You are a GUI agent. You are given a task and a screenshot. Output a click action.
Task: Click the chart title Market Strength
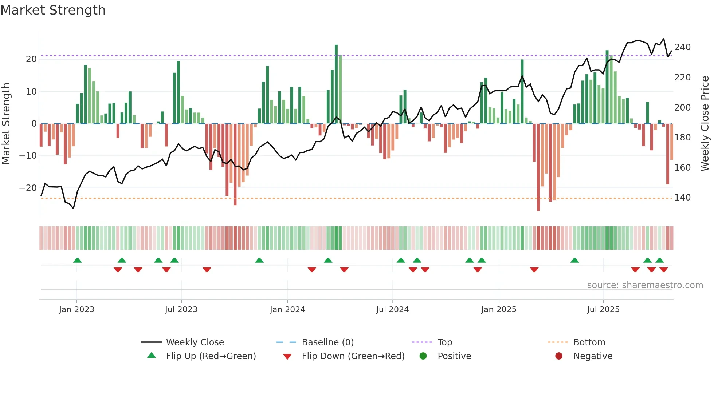[53, 10]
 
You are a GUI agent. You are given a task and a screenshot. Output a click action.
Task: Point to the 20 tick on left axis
[31, 59]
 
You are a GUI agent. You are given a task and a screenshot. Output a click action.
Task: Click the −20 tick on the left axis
[28, 188]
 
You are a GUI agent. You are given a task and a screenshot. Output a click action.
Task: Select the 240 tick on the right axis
[682, 47]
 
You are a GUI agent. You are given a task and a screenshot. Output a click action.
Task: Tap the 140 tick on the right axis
[682, 198]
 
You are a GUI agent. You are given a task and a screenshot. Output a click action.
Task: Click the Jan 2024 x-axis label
[287, 310]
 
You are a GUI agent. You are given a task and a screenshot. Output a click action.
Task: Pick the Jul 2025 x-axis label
[603, 310]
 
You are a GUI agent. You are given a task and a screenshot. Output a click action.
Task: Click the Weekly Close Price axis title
[705, 124]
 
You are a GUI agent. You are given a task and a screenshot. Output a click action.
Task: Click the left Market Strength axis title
[6, 124]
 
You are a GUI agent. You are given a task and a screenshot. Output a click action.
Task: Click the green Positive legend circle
[423, 356]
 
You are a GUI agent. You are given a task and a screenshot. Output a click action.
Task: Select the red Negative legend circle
[559, 356]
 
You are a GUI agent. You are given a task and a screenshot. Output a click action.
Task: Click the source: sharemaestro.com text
[645, 285]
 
